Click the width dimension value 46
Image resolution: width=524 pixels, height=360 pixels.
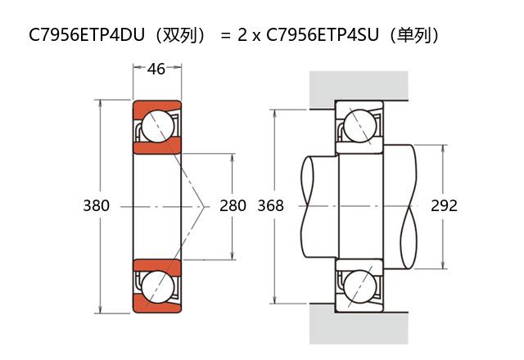[156, 69]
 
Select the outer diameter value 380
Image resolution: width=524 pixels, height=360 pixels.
[96, 205]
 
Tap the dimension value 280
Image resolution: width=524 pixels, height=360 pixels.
[233, 205]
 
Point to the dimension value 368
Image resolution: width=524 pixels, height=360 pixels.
[270, 205]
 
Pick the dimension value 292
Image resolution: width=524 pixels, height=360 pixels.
[444, 205]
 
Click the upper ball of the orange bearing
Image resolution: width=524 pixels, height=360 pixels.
[156, 126]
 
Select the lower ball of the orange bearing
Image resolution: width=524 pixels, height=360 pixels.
[156, 286]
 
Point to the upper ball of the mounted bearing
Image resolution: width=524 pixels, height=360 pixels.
[360, 126]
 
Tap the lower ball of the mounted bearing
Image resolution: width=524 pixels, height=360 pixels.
[360, 286]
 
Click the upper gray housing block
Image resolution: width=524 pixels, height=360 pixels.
[358, 86]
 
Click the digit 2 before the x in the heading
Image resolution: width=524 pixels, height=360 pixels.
[242, 35]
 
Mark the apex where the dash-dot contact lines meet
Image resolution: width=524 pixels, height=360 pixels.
[203, 205]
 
